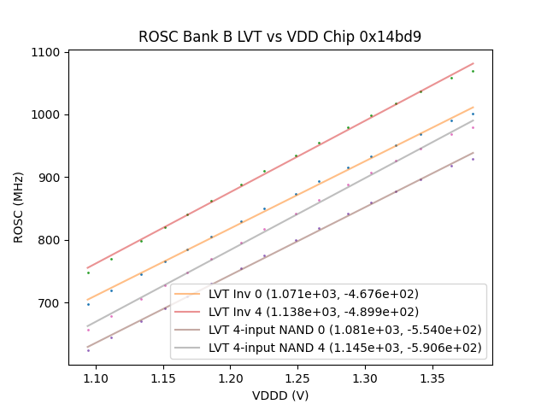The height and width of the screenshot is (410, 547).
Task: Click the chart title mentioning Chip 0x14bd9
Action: [x=279, y=38]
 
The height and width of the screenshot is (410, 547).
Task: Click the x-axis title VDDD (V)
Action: [x=280, y=395]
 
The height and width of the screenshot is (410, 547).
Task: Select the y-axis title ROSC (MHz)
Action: [x=19, y=208]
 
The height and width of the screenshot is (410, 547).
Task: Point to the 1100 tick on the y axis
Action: [x=50, y=52]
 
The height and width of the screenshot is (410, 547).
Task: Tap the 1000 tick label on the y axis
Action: [x=50, y=114]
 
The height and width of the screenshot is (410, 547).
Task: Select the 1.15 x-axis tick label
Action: [x=163, y=378]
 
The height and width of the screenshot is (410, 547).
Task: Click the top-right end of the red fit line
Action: [x=473, y=63]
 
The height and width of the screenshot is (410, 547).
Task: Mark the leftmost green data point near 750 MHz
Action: [x=88, y=272]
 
